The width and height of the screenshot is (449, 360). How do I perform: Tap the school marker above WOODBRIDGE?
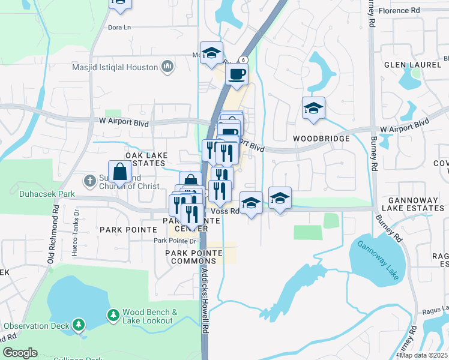[x=313, y=109]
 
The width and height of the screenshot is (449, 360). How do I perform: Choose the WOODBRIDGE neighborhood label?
[x=321, y=139]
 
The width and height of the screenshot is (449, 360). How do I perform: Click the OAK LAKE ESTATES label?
[x=145, y=159]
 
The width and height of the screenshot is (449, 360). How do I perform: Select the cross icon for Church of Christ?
[x=89, y=180]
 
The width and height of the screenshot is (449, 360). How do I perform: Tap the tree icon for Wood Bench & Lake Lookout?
[x=113, y=315]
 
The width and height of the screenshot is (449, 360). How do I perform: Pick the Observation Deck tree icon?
[x=78, y=325]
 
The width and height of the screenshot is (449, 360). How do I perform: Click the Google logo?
[x=20, y=352]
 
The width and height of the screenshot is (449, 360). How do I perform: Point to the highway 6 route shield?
[x=243, y=59]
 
